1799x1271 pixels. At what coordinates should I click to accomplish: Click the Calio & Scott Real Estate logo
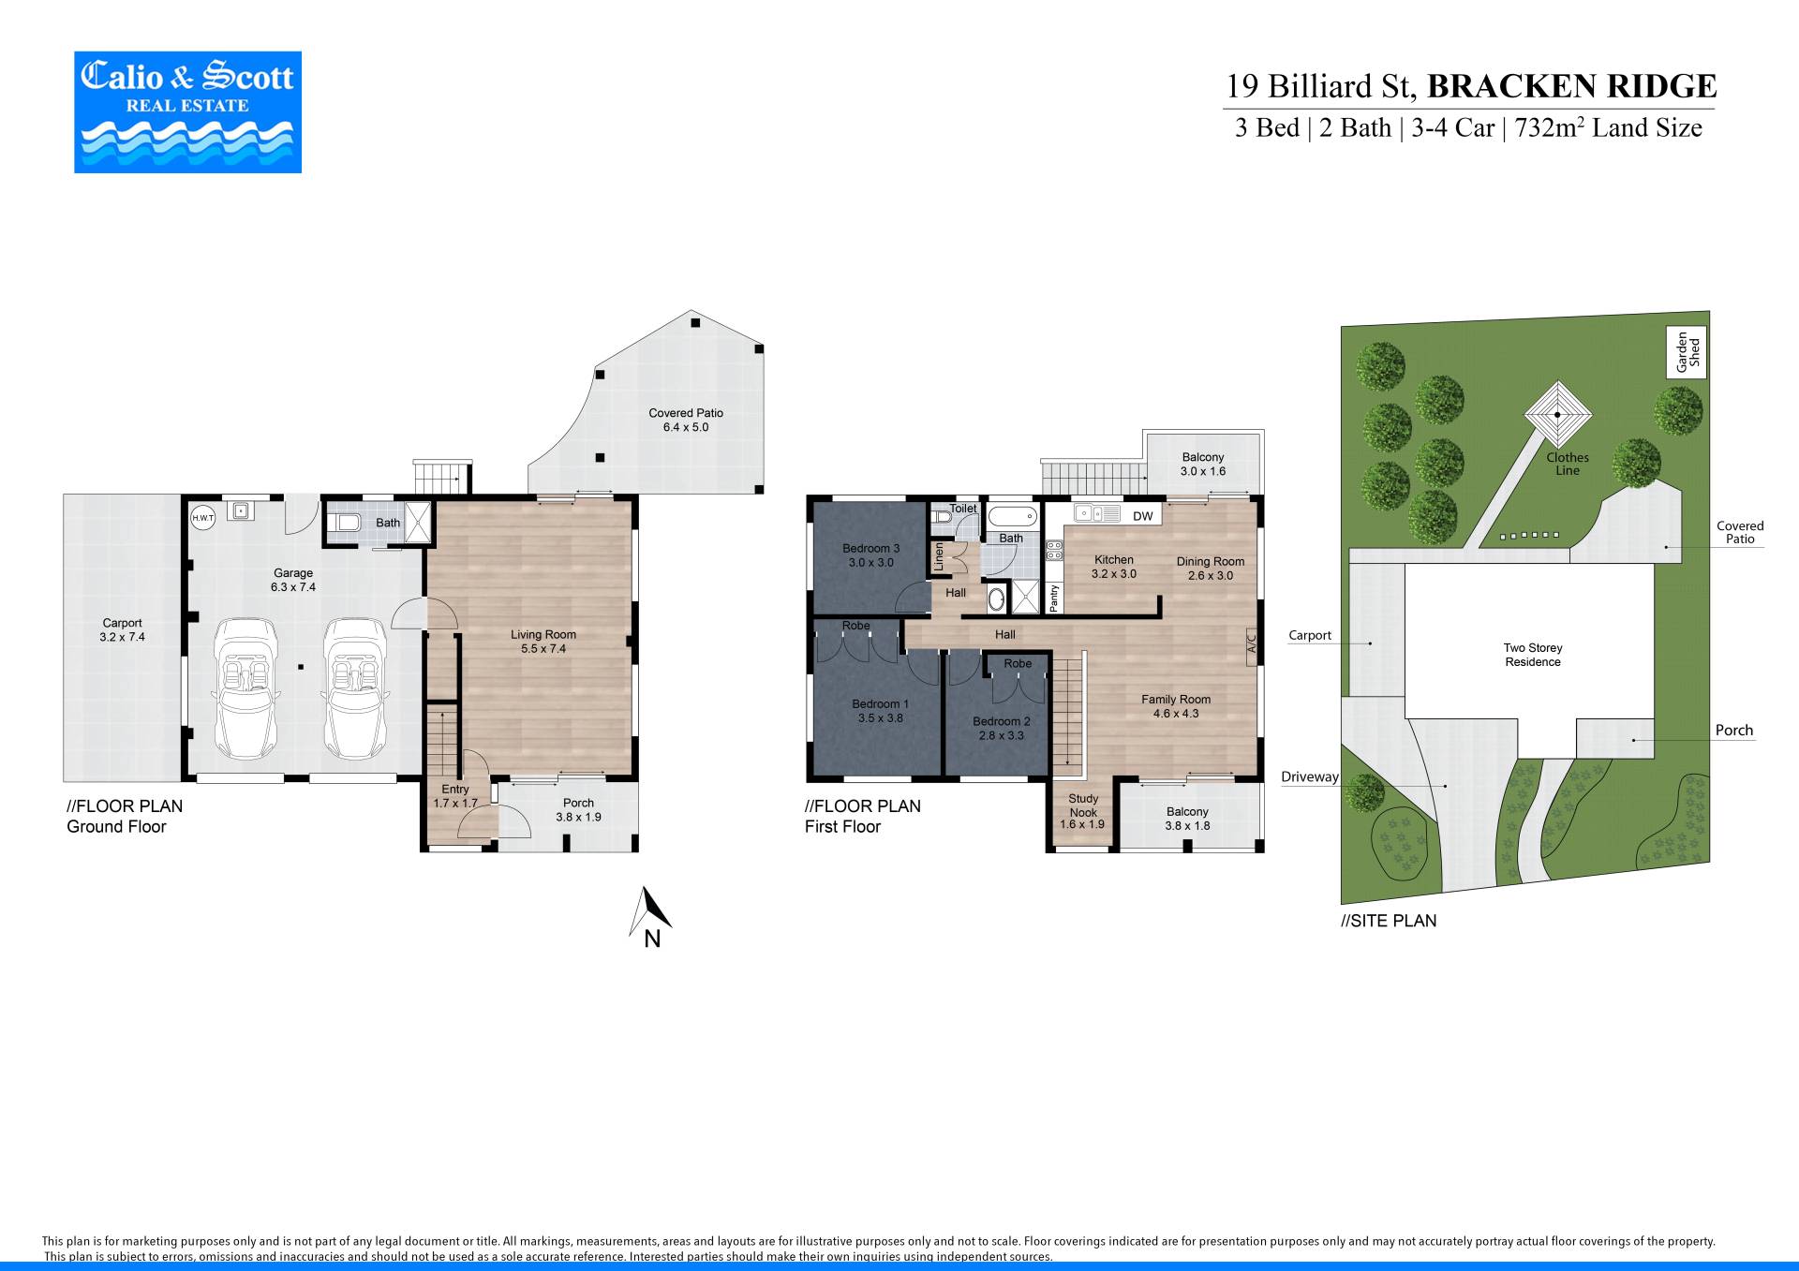pos(187,111)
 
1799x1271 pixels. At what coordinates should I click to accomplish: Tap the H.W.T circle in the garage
pos(202,517)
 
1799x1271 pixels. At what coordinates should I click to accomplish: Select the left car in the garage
pos(246,688)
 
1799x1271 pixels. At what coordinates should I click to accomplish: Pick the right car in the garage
pos(356,688)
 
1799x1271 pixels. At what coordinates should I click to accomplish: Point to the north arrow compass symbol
pos(649,917)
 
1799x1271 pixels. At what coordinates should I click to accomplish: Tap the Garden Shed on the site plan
pos(1687,352)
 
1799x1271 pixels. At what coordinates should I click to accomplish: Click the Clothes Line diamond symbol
pos(1557,415)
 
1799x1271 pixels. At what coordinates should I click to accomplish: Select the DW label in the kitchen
pos(1143,516)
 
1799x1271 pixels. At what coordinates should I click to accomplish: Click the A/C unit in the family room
pos(1251,644)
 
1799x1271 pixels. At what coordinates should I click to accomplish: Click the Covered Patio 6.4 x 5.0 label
pos(686,420)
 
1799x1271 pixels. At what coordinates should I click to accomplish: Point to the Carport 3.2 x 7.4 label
pos(122,629)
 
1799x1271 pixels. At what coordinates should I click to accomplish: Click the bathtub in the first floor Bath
pos(1012,516)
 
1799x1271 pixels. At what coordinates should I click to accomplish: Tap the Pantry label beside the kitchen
pos(1054,597)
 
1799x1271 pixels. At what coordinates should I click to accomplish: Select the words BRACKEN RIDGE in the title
pos(1571,86)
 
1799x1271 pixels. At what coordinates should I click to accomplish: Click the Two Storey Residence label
pos(1533,655)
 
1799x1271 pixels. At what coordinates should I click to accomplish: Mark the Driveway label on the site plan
pos(1310,776)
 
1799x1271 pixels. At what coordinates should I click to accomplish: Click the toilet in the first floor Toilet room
pos(942,516)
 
